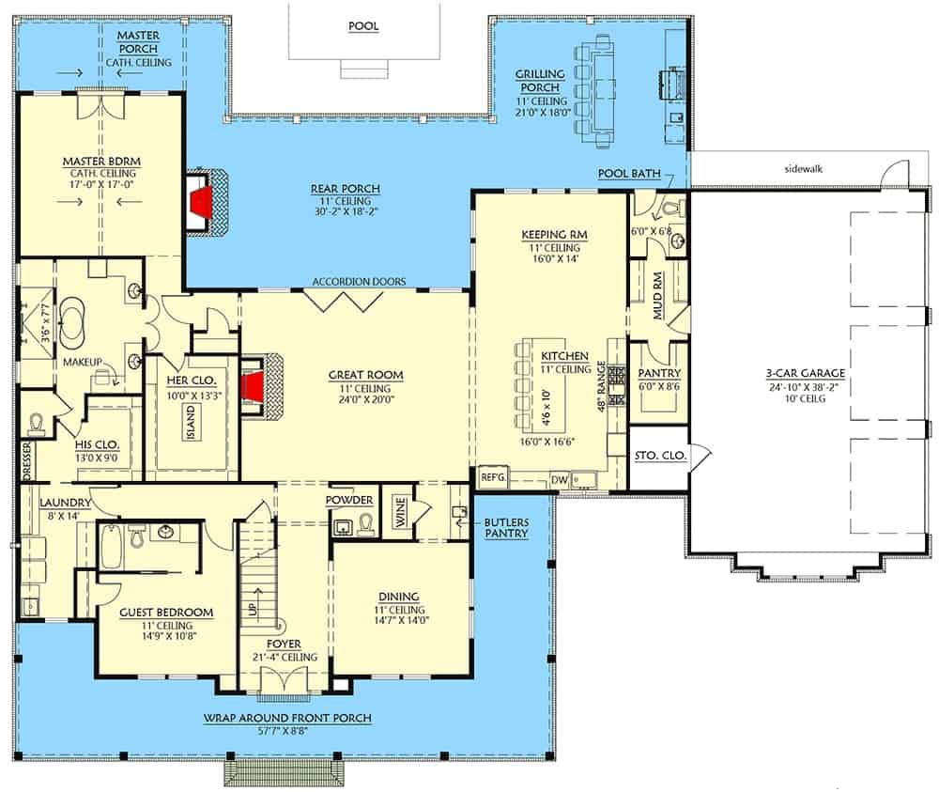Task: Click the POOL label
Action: pyautogui.click(x=362, y=26)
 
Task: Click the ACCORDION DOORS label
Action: pyautogui.click(x=359, y=282)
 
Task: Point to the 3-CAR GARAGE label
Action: pyautogui.click(x=806, y=373)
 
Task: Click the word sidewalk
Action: pyautogui.click(x=803, y=169)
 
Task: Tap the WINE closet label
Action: pyautogui.click(x=401, y=512)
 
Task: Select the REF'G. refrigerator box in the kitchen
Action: pyautogui.click(x=494, y=478)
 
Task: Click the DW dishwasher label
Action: pyautogui.click(x=559, y=480)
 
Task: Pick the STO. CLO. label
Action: pyautogui.click(x=660, y=456)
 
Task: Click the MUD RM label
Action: pyautogui.click(x=657, y=296)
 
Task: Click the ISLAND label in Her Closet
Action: pyautogui.click(x=191, y=423)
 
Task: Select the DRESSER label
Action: pyautogui.click(x=26, y=460)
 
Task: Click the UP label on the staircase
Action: pyautogui.click(x=253, y=609)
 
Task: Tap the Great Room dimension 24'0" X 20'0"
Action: pyautogui.click(x=366, y=399)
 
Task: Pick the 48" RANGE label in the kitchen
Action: pyautogui.click(x=601, y=386)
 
